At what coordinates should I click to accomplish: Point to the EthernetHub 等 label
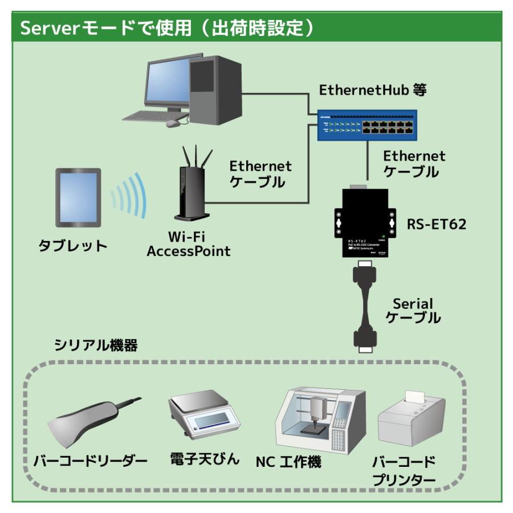373,90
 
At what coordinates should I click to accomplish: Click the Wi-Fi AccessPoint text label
189,243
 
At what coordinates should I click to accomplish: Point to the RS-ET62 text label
437,224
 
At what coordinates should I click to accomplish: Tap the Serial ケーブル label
413,311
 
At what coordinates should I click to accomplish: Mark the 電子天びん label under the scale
205,459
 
